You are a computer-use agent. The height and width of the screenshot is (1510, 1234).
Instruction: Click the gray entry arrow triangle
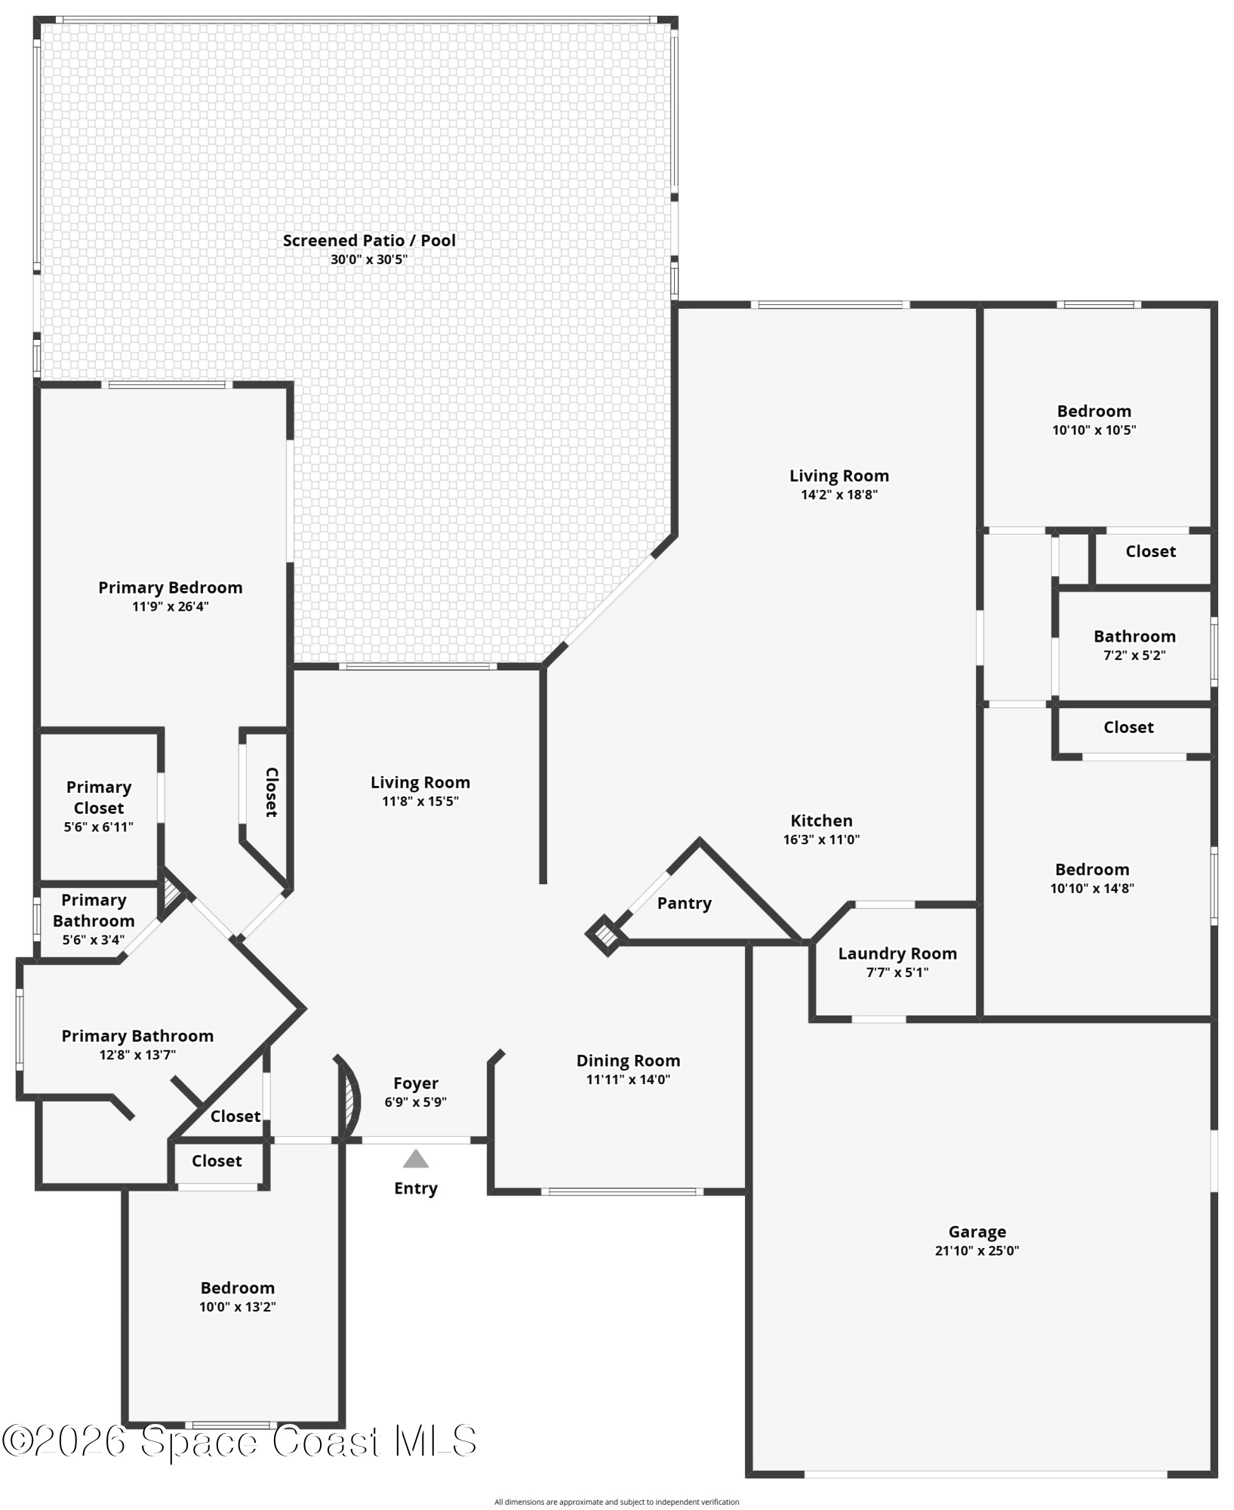pyautogui.click(x=415, y=1159)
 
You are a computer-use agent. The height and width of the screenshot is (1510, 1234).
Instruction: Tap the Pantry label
pyautogui.click(x=684, y=903)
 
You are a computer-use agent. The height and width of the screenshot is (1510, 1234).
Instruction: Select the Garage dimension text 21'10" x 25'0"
pyautogui.click(x=977, y=1250)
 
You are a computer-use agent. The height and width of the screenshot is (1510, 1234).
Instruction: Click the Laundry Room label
pyautogui.click(x=897, y=954)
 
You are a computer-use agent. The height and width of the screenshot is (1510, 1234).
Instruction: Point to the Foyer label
pyautogui.click(x=415, y=1083)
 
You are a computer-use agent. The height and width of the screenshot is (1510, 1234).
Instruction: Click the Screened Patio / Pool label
pyautogui.click(x=369, y=241)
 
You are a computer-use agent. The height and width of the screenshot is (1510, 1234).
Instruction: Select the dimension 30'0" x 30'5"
pyautogui.click(x=369, y=260)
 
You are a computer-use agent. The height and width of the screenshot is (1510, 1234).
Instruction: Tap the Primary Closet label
pyautogui.click(x=99, y=797)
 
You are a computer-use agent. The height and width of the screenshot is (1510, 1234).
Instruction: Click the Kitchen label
pyautogui.click(x=821, y=821)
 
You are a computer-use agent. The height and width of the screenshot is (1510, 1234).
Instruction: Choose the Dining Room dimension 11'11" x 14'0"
pyautogui.click(x=628, y=1080)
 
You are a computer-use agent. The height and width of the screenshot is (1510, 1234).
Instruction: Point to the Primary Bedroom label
pyautogui.click(x=171, y=587)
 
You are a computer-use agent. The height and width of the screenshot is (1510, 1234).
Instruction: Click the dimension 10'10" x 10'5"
pyautogui.click(x=1094, y=430)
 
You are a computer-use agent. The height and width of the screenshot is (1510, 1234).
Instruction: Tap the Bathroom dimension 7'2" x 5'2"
pyautogui.click(x=1134, y=655)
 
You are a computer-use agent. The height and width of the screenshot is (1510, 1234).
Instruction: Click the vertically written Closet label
pyautogui.click(x=271, y=792)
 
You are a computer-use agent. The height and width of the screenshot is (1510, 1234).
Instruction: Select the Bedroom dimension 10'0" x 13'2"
pyautogui.click(x=237, y=1307)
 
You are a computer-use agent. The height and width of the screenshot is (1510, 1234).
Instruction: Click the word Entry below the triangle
pyautogui.click(x=415, y=1188)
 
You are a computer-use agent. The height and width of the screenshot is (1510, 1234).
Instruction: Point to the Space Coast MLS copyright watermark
pyautogui.click(x=238, y=1441)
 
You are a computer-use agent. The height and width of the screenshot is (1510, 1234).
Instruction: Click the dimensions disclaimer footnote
pyautogui.click(x=617, y=1502)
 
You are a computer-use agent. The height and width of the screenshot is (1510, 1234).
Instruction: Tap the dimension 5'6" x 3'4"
pyautogui.click(x=94, y=940)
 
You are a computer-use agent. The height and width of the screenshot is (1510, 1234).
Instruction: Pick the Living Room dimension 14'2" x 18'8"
pyautogui.click(x=839, y=495)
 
